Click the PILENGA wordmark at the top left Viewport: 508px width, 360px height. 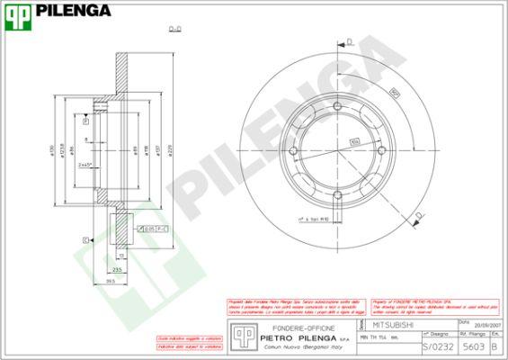[74, 12]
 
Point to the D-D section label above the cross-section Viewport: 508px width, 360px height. [174, 29]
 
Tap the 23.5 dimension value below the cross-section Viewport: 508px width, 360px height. [117, 268]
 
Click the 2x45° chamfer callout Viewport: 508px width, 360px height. [86, 166]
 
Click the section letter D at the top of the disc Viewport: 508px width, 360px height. [349, 42]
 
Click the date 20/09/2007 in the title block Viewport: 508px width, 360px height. [475, 326]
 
